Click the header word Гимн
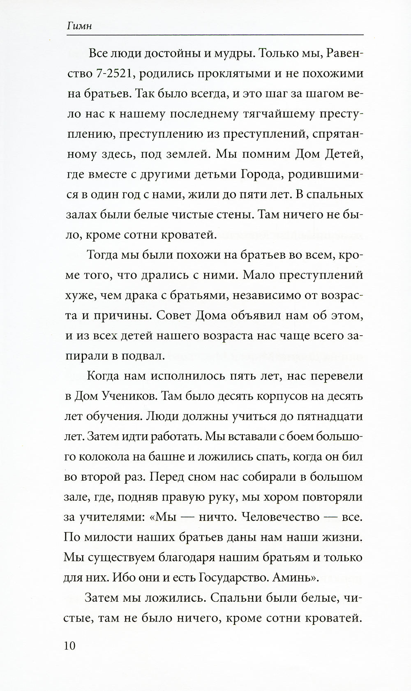click(x=79, y=26)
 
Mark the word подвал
click(x=142, y=356)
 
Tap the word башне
click(x=162, y=457)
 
